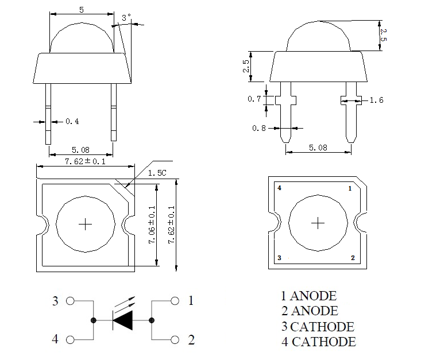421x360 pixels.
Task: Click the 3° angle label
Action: point(126,18)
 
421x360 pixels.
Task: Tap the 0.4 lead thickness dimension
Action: point(72,121)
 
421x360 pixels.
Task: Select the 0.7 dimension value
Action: point(254,99)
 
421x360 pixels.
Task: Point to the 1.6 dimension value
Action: point(376,100)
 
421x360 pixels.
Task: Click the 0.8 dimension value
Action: point(259,128)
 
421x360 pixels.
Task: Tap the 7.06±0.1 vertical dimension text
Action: point(152,226)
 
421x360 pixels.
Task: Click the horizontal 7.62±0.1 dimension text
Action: point(84,161)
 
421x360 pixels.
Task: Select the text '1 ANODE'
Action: point(308,296)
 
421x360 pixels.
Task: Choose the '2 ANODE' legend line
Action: point(309,311)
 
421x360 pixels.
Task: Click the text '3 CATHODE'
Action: point(317,327)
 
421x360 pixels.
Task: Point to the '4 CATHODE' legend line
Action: point(318,342)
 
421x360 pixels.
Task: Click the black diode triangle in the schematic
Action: point(123,320)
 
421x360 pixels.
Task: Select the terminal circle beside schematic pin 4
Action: point(71,339)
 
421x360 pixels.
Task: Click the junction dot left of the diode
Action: point(94,320)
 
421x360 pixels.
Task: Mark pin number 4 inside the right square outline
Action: point(279,188)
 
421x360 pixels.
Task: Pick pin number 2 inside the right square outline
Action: point(352,258)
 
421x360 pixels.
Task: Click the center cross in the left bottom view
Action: point(86,223)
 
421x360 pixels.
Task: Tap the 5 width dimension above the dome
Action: point(82,9)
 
